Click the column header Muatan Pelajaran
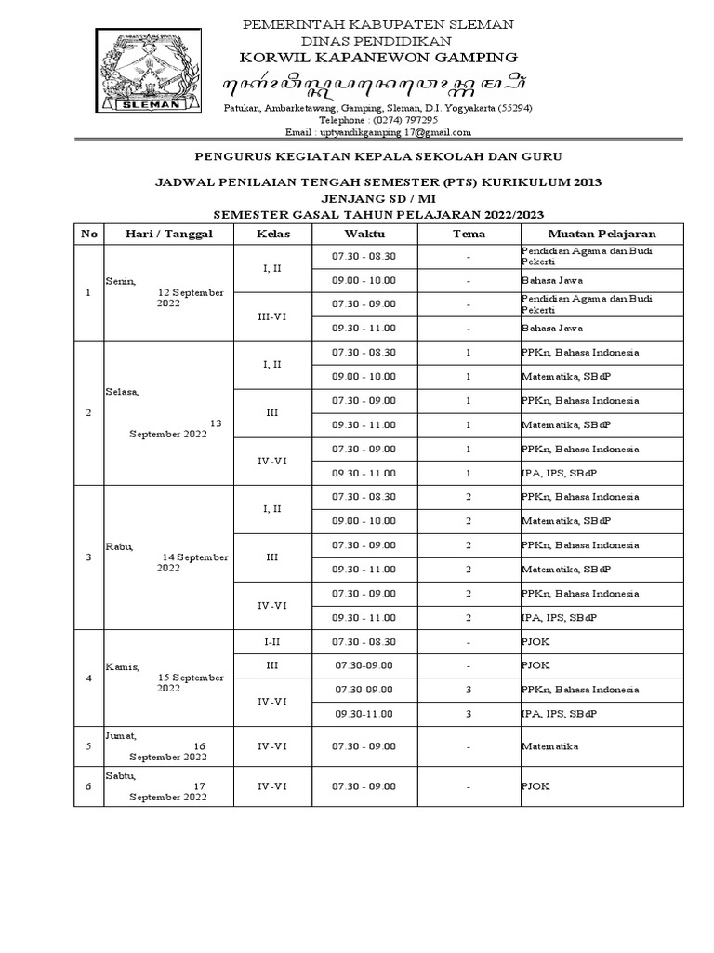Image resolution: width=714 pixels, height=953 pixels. [602, 233]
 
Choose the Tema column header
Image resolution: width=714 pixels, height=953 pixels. [469, 233]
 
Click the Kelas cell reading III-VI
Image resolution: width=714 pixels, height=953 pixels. [271, 315]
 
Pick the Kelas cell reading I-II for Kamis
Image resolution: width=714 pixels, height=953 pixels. [271, 641]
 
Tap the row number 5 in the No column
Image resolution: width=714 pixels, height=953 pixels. [88, 745]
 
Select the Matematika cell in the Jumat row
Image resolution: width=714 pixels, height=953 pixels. [549, 746]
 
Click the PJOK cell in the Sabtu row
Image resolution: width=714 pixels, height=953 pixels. [535, 786]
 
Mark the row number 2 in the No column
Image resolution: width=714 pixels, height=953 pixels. [88, 412]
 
